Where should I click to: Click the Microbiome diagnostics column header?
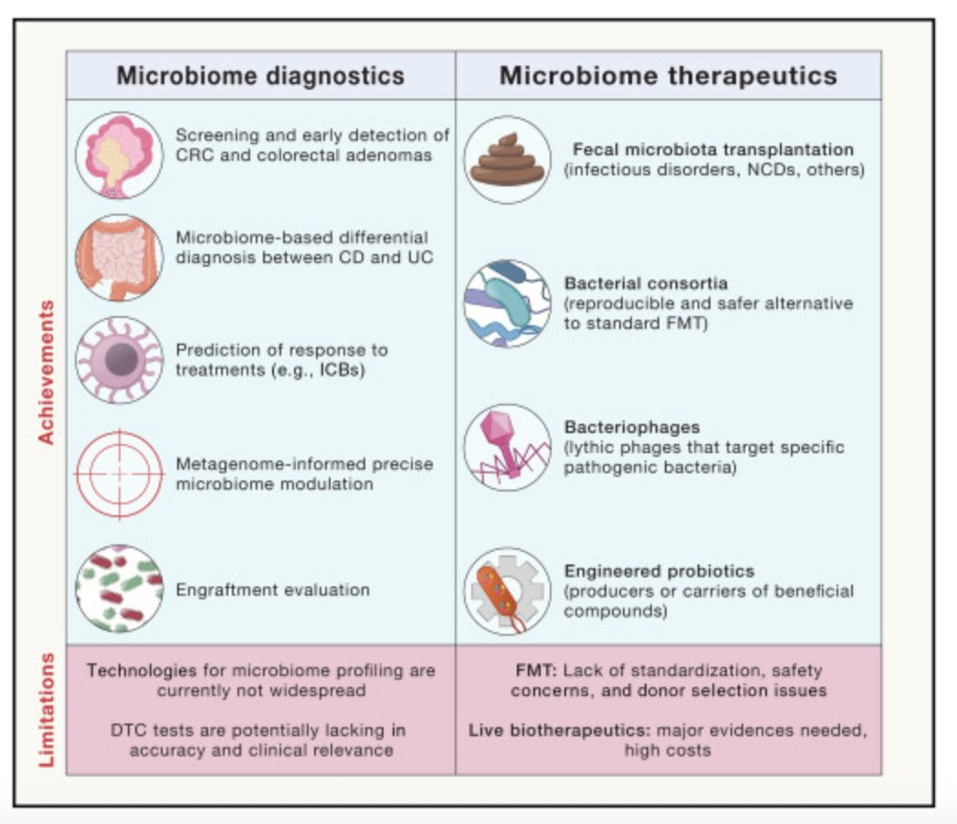(260, 76)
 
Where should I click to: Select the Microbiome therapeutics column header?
(668, 76)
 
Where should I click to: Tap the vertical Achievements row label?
(47, 372)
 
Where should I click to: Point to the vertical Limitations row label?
(47, 710)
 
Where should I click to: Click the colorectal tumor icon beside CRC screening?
(120, 155)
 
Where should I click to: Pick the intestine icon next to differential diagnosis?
(120, 258)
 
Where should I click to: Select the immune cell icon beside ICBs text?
(120, 360)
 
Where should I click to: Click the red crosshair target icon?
(120, 473)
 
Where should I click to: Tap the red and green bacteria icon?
(120, 589)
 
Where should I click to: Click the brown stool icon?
(507, 160)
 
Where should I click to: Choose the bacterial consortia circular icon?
(507, 303)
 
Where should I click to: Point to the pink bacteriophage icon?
(507, 448)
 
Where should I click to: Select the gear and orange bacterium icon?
(507, 591)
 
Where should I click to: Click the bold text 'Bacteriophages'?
(632, 428)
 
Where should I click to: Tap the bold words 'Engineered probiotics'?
(659, 571)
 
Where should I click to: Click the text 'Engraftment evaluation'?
(273, 589)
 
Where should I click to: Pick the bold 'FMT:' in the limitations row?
(536, 671)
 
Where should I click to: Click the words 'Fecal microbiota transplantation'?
(713, 150)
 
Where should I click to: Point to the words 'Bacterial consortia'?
(646, 283)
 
